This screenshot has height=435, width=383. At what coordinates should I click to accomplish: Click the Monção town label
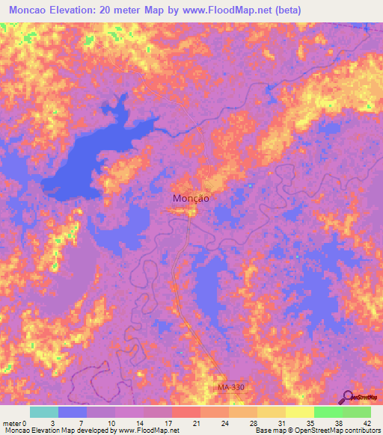pos(190,199)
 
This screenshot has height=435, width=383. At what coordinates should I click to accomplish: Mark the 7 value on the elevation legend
pos(80,422)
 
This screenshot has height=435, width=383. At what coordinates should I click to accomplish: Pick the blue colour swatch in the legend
pos(73,412)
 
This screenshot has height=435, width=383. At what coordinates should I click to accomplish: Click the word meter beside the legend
pos(11,422)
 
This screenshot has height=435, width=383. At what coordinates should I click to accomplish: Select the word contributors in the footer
pos(358,431)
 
